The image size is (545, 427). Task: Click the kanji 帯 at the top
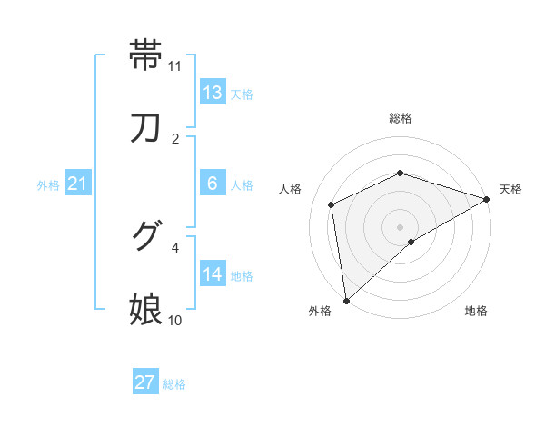[x=147, y=55]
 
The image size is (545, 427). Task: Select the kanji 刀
[x=147, y=127]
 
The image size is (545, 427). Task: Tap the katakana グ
[x=147, y=236]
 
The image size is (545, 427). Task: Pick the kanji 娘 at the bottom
[x=147, y=309]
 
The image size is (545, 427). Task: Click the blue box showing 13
[x=213, y=94]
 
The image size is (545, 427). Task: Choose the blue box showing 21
[x=77, y=184]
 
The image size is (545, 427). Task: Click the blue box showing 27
[x=145, y=382]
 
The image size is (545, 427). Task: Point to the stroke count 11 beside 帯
[x=175, y=66]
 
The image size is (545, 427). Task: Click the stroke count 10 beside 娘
[x=175, y=321]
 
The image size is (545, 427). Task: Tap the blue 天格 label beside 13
[x=241, y=94]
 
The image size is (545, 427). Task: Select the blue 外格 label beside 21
[x=48, y=185]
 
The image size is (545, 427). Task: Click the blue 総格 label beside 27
[x=174, y=383]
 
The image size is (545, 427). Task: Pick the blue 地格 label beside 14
[x=241, y=276]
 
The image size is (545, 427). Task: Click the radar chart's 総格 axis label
[x=401, y=118]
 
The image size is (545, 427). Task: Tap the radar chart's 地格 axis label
[x=476, y=311]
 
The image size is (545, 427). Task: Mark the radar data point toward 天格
[x=487, y=199]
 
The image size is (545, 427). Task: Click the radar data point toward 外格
[x=346, y=301]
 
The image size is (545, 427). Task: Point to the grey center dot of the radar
[x=401, y=226]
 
